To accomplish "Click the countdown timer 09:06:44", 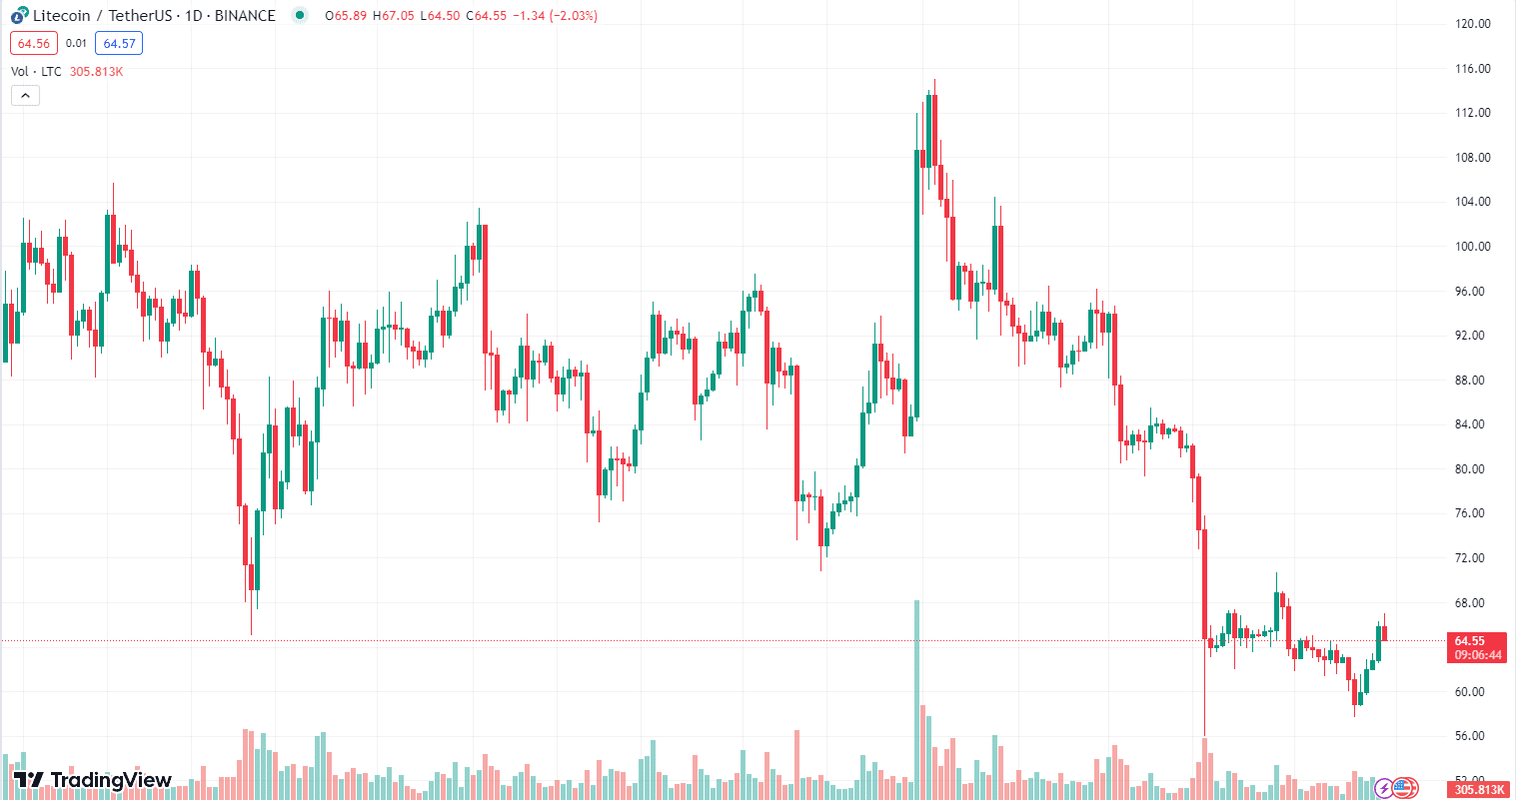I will pyautogui.click(x=1477, y=655).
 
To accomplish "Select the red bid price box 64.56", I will pyautogui.click(x=34, y=43).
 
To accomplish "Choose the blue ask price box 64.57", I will pyautogui.click(x=119, y=43).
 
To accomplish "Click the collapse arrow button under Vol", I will pyautogui.click(x=25, y=96).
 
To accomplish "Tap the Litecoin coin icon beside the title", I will pyautogui.click(x=19, y=16).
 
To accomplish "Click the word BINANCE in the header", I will pyautogui.click(x=245, y=16).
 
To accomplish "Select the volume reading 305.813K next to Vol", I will pyautogui.click(x=96, y=72).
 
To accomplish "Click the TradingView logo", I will pyautogui.click(x=92, y=780).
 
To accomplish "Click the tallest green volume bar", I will pyautogui.click(x=916, y=699).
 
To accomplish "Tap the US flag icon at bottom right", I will pyautogui.click(x=1406, y=788).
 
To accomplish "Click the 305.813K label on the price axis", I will pyautogui.click(x=1479, y=789).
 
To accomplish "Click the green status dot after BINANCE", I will pyautogui.click(x=299, y=15).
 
